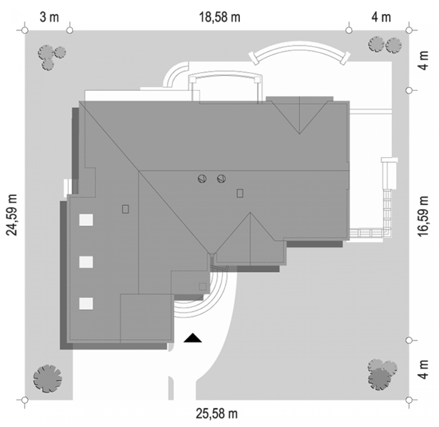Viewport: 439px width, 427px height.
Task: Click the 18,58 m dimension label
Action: click(220, 17)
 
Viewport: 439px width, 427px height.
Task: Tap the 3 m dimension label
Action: click(49, 17)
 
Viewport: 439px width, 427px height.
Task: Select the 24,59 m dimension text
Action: click(12, 215)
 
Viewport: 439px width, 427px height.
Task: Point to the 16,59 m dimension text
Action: click(423, 216)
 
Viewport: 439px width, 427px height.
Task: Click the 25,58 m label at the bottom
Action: click(217, 414)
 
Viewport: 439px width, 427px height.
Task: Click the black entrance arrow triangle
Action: click(193, 338)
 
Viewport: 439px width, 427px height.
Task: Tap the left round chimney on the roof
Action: click(202, 179)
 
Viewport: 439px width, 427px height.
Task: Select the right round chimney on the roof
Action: click(221, 179)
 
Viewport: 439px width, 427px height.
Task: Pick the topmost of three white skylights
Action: click(86, 220)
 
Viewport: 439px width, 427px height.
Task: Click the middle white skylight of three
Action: click(86, 262)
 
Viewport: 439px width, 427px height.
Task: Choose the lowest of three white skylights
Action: click(86, 304)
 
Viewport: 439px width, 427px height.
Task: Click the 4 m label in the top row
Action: click(381, 17)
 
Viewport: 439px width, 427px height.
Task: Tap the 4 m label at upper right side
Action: click(423, 60)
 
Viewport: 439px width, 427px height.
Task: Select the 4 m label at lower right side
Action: click(423, 369)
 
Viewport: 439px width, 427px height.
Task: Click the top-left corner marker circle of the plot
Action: click(25, 30)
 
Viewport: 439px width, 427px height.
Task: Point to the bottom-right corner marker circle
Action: click(409, 400)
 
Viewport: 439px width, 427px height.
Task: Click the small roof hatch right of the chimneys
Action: click(240, 193)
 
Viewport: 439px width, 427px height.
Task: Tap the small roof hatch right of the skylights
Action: click(125, 209)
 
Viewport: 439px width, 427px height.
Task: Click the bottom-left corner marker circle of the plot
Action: click(25, 400)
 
